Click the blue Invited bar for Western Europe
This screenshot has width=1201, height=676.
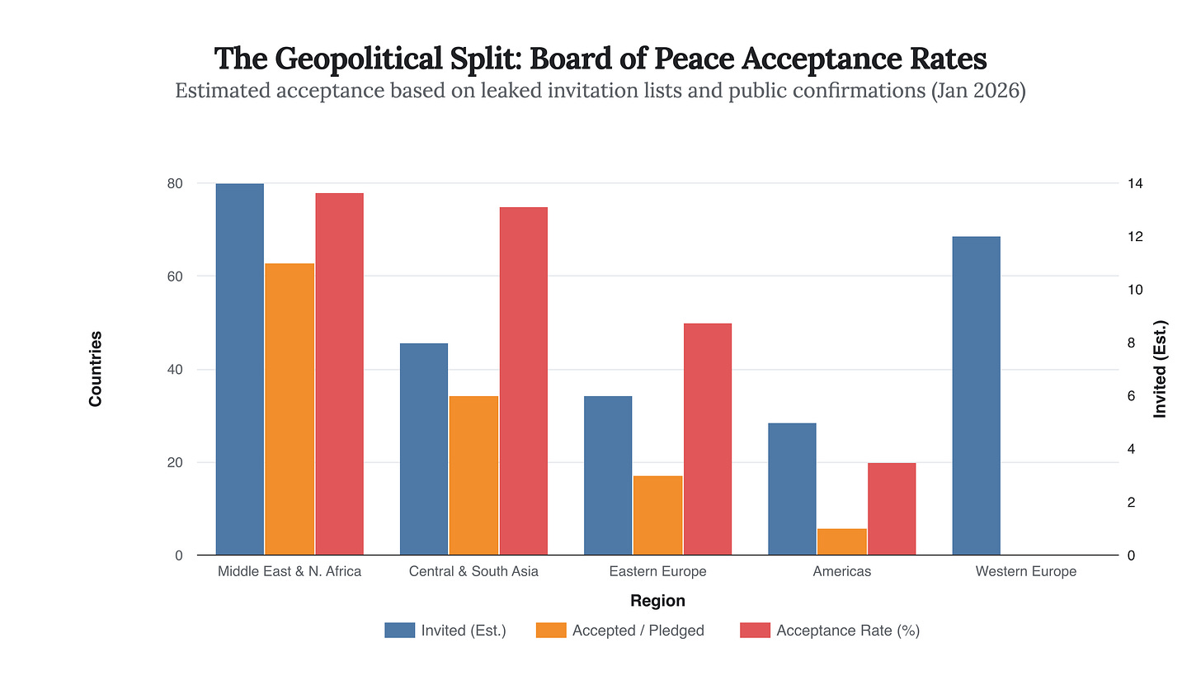point(976,396)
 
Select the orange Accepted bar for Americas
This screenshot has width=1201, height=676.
point(841,542)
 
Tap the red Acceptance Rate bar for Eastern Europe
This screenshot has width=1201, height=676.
point(708,439)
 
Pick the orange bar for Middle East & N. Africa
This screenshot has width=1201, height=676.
point(290,409)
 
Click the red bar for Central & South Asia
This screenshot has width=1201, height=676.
point(524,381)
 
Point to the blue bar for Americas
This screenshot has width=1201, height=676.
point(792,489)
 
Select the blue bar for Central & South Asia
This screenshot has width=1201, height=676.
point(424,449)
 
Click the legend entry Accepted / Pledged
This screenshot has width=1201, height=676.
point(638,631)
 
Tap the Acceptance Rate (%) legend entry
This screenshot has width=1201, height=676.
point(848,631)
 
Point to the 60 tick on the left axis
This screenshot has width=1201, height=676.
point(174,277)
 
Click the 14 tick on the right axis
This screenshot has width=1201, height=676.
point(1135,183)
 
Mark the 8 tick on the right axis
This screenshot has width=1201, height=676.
point(1131,343)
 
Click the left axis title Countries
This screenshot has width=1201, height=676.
point(96,369)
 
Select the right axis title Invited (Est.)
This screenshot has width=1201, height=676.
point(1161,369)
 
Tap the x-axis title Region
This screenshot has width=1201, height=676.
point(657,601)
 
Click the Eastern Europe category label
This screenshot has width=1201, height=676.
point(657,571)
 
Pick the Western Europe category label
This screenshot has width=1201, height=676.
point(1025,571)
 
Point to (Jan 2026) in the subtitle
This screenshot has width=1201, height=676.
point(977,91)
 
